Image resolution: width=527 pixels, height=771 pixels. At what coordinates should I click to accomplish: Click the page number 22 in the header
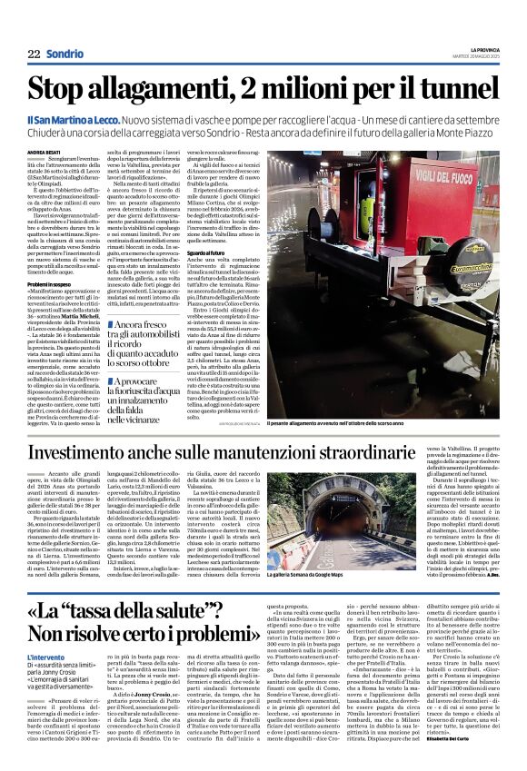pyautogui.click(x=34, y=54)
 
